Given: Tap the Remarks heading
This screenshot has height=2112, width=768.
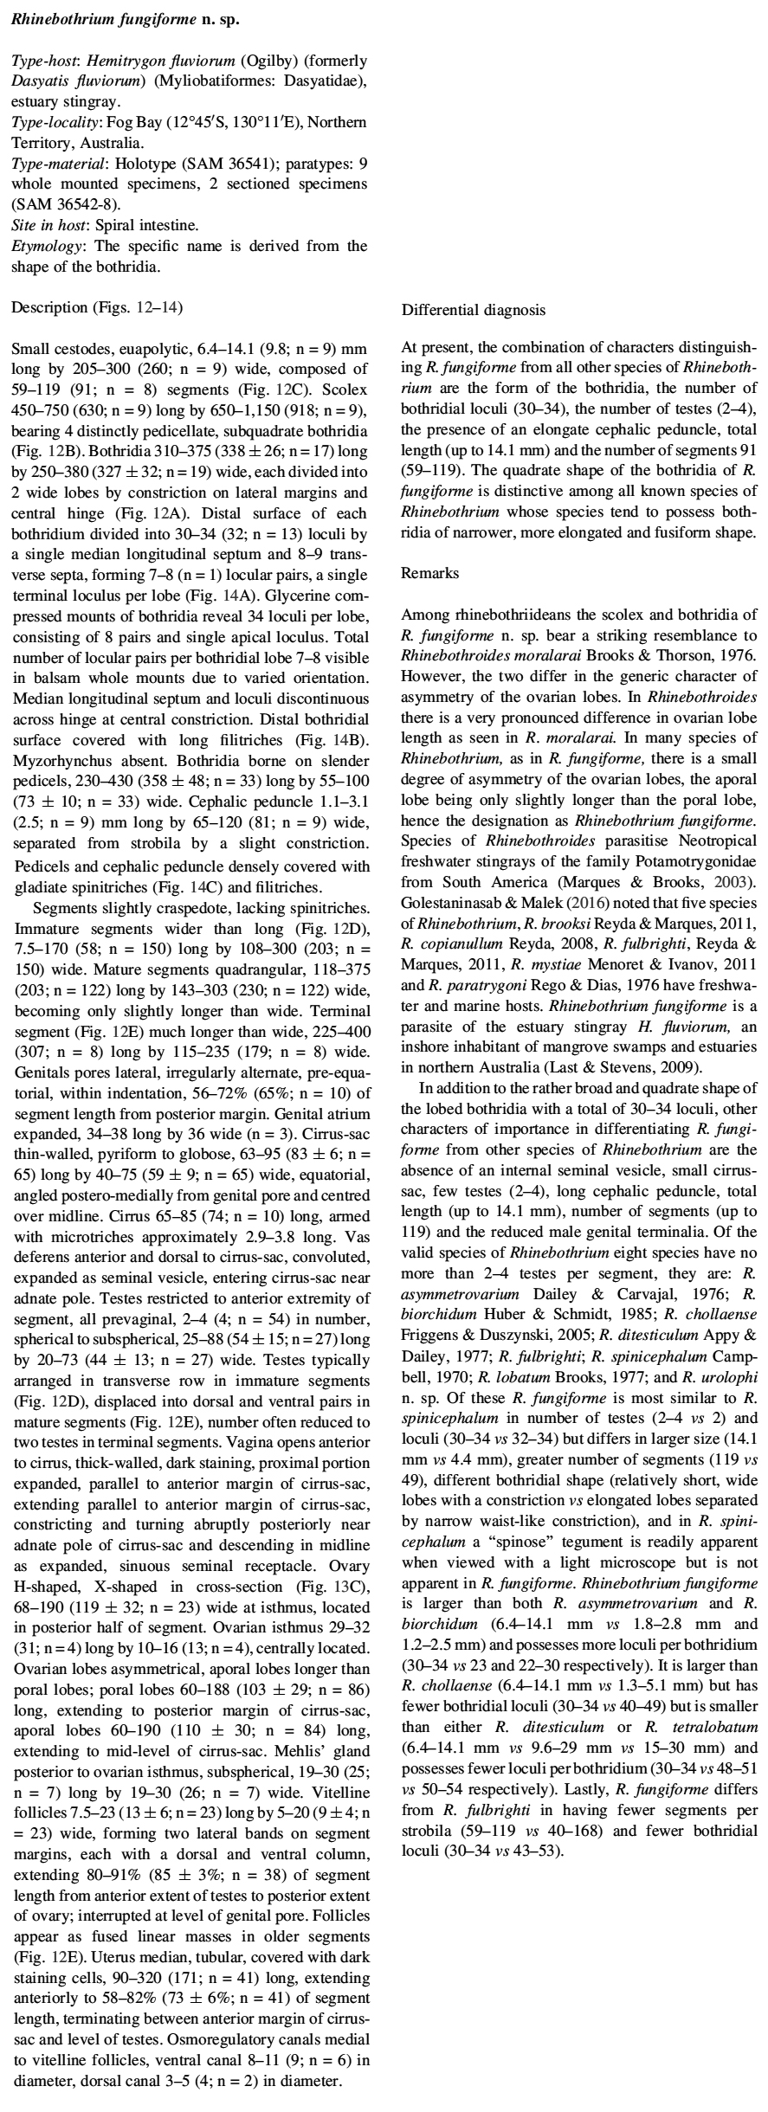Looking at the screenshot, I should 429,573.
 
